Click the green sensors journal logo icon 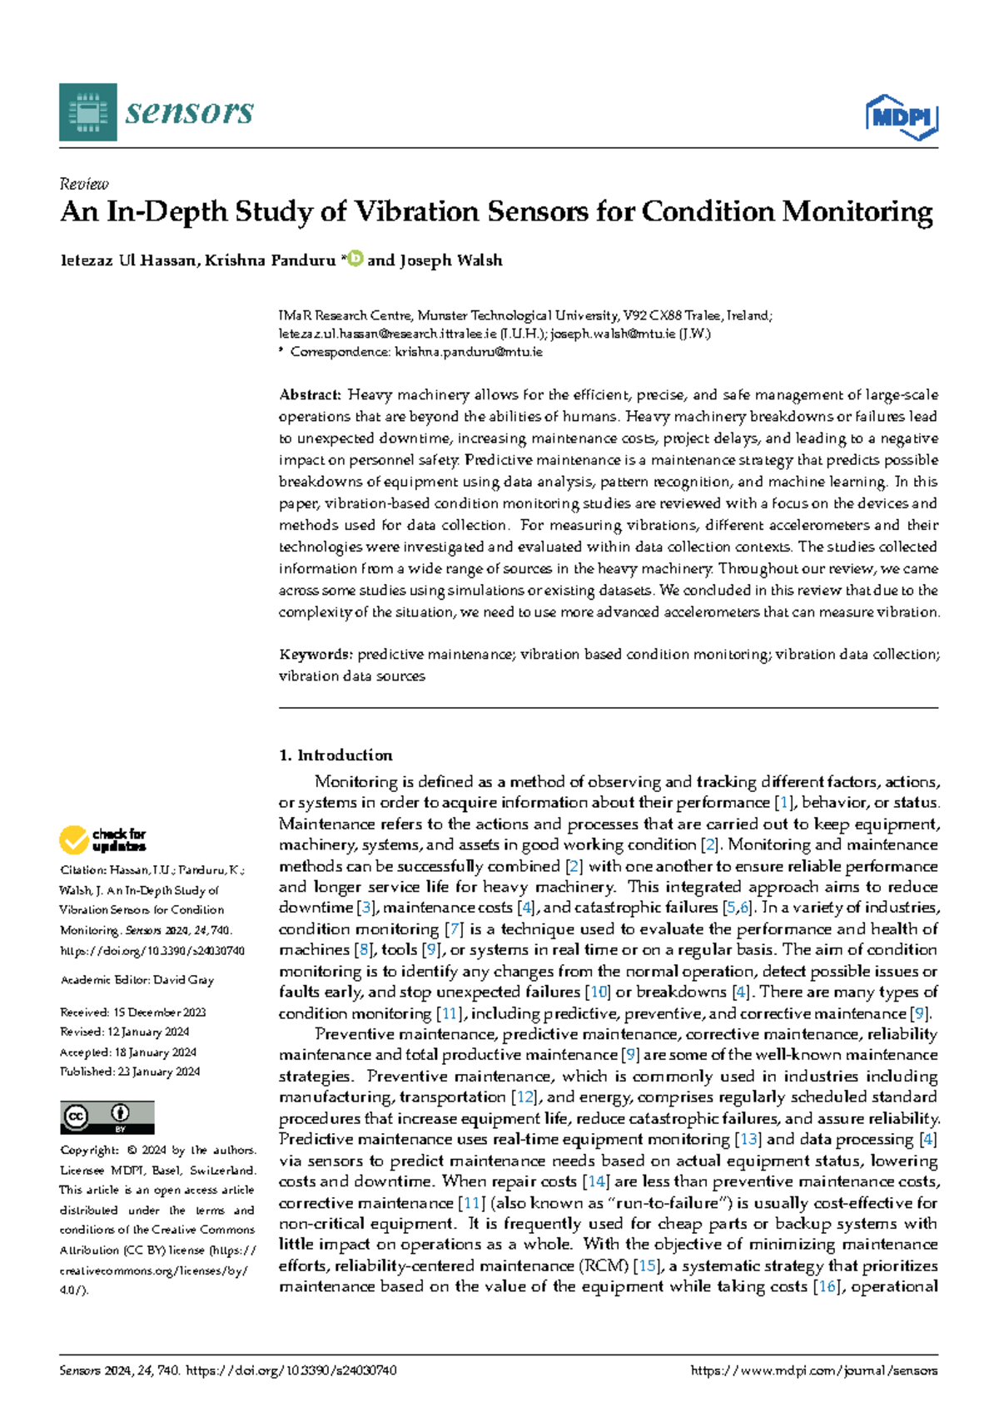88,111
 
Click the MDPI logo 902,117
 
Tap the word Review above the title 84,184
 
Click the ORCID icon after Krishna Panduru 355,259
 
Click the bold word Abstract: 310,394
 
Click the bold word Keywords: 316,655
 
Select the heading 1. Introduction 335,755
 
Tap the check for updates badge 102,839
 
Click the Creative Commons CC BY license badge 107,1117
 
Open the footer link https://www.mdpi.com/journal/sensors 813,1370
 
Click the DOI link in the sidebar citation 152,950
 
